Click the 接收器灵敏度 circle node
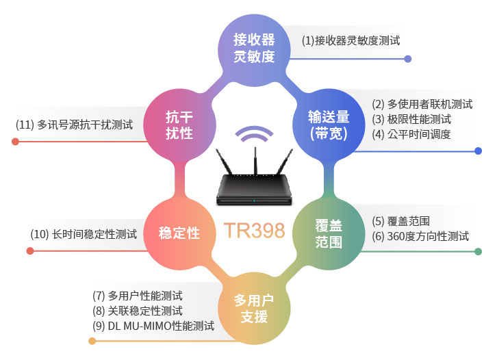pos(254,50)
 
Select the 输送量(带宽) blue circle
pos(329,125)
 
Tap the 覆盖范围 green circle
pos(329,234)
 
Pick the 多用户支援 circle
pos(254,309)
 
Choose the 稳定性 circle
pos(179,234)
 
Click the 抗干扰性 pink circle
pos(179,125)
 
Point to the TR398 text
pos(254,231)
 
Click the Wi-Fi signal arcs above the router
pos(254,133)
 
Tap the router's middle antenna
pos(255,160)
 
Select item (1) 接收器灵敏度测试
pos(351,40)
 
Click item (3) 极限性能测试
pos(411,120)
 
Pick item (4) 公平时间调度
pos(411,134)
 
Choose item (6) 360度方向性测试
pos(420,236)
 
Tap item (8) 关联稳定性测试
pos(137,311)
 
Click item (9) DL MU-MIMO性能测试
pos(153,326)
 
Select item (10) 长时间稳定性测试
pos(84,235)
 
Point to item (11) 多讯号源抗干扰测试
pos(74,125)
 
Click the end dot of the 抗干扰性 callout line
pos(15,142)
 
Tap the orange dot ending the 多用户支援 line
pos(92,341)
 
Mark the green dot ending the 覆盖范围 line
pos(479,252)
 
